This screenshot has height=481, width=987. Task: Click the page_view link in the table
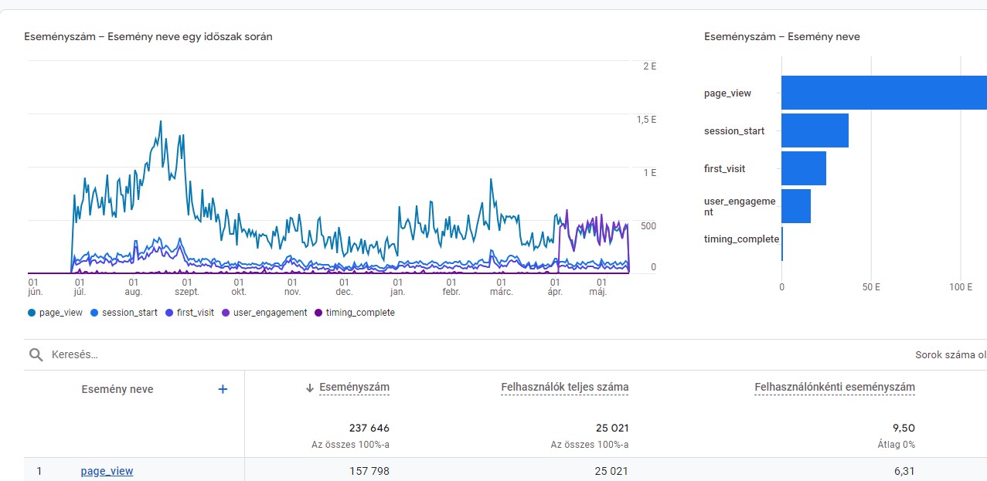pyautogui.click(x=107, y=471)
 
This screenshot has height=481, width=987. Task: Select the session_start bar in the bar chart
pyautogui.click(x=815, y=130)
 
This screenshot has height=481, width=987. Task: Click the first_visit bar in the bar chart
pyautogui.click(x=804, y=168)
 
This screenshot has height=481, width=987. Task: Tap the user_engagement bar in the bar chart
pyautogui.click(x=796, y=206)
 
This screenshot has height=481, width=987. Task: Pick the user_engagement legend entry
pyautogui.click(x=264, y=313)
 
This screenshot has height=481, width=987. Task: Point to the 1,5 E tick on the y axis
pyautogui.click(x=646, y=120)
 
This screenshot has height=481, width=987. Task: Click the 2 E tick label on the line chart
pyautogui.click(x=649, y=66)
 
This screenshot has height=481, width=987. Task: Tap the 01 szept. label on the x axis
pyautogui.click(x=187, y=287)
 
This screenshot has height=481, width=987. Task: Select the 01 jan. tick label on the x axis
pyautogui.click(x=398, y=287)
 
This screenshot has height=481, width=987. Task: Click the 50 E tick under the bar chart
pyautogui.click(x=871, y=286)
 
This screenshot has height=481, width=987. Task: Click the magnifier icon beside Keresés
pyautogui.click(x=36, y=354)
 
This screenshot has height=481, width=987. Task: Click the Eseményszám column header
pyautogui.click(x=354, y=388)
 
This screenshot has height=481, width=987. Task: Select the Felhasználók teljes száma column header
pyautogui.click(x=564, y=388)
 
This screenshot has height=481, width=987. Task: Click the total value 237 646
pyautogui.click(x=369, y=428)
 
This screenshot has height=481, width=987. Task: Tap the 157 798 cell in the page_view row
pyautogui.click(x=369, y=471)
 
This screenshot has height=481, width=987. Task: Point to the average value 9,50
pyautogui.click(x=904, y=428)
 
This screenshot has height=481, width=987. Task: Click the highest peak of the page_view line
pyautogui.click(x=160, y=121)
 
